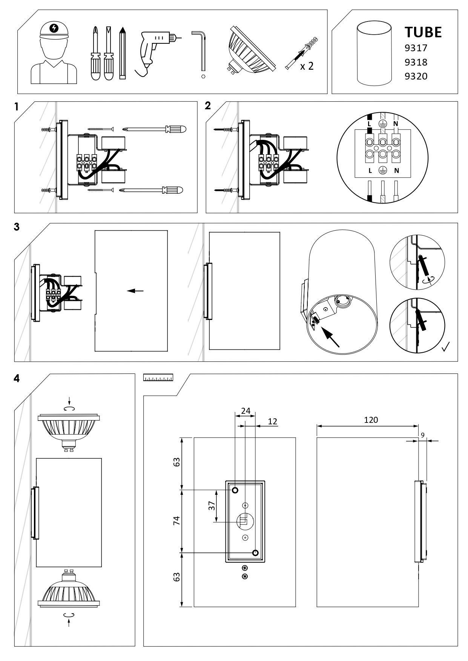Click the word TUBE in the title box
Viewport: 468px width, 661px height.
coord(423,32)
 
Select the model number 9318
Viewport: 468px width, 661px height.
coord(416,62)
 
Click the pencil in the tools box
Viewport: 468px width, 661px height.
coord(122,53)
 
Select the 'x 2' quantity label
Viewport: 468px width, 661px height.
coord(307,67)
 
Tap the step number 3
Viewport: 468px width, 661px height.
coord(17,227)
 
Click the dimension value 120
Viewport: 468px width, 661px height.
coord(371,420)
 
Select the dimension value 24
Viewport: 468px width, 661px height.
coord(246,411)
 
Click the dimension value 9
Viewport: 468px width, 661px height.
coord(423,435)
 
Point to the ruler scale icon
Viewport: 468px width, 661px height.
coord(158,377)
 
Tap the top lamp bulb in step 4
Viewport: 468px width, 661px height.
coord(69,430)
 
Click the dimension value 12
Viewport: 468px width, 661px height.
coord(272,421)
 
